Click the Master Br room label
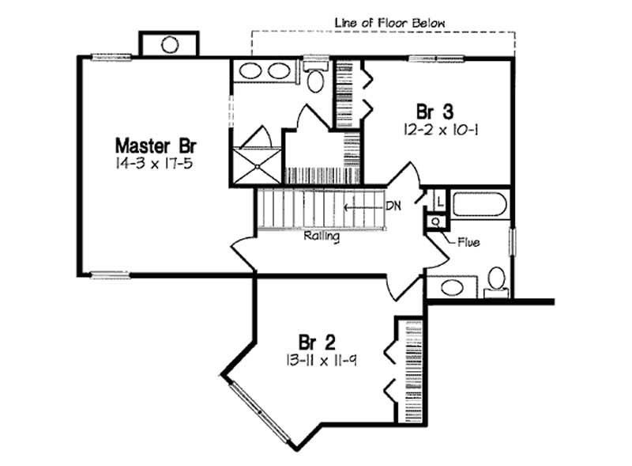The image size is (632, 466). coord(156,146)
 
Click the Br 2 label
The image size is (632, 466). coord(318,342)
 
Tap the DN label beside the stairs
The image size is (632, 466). coord(393,206)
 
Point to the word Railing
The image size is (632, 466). coord(322,236)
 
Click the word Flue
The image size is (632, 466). coord(468,242)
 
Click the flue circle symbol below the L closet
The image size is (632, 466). coord(434,222)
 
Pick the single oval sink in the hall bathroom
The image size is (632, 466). coord(453,286)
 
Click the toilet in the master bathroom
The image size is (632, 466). coord(314,79)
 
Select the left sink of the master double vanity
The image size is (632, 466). coord(250,71)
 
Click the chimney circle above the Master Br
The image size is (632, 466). coord(170,44)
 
